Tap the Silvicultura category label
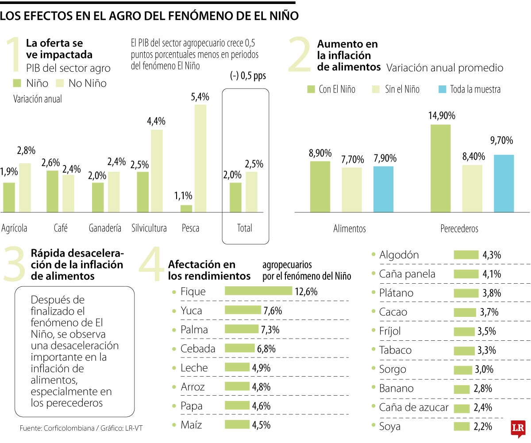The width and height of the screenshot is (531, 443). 149,228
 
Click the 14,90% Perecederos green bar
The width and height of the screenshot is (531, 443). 440,168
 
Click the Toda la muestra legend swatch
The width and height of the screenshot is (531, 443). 442,89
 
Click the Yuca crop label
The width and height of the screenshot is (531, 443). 191,311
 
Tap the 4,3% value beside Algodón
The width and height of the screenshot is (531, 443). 492,255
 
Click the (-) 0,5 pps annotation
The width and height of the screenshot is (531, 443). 248,76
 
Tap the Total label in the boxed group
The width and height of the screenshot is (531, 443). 244,228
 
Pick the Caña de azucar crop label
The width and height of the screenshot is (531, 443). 414,408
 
